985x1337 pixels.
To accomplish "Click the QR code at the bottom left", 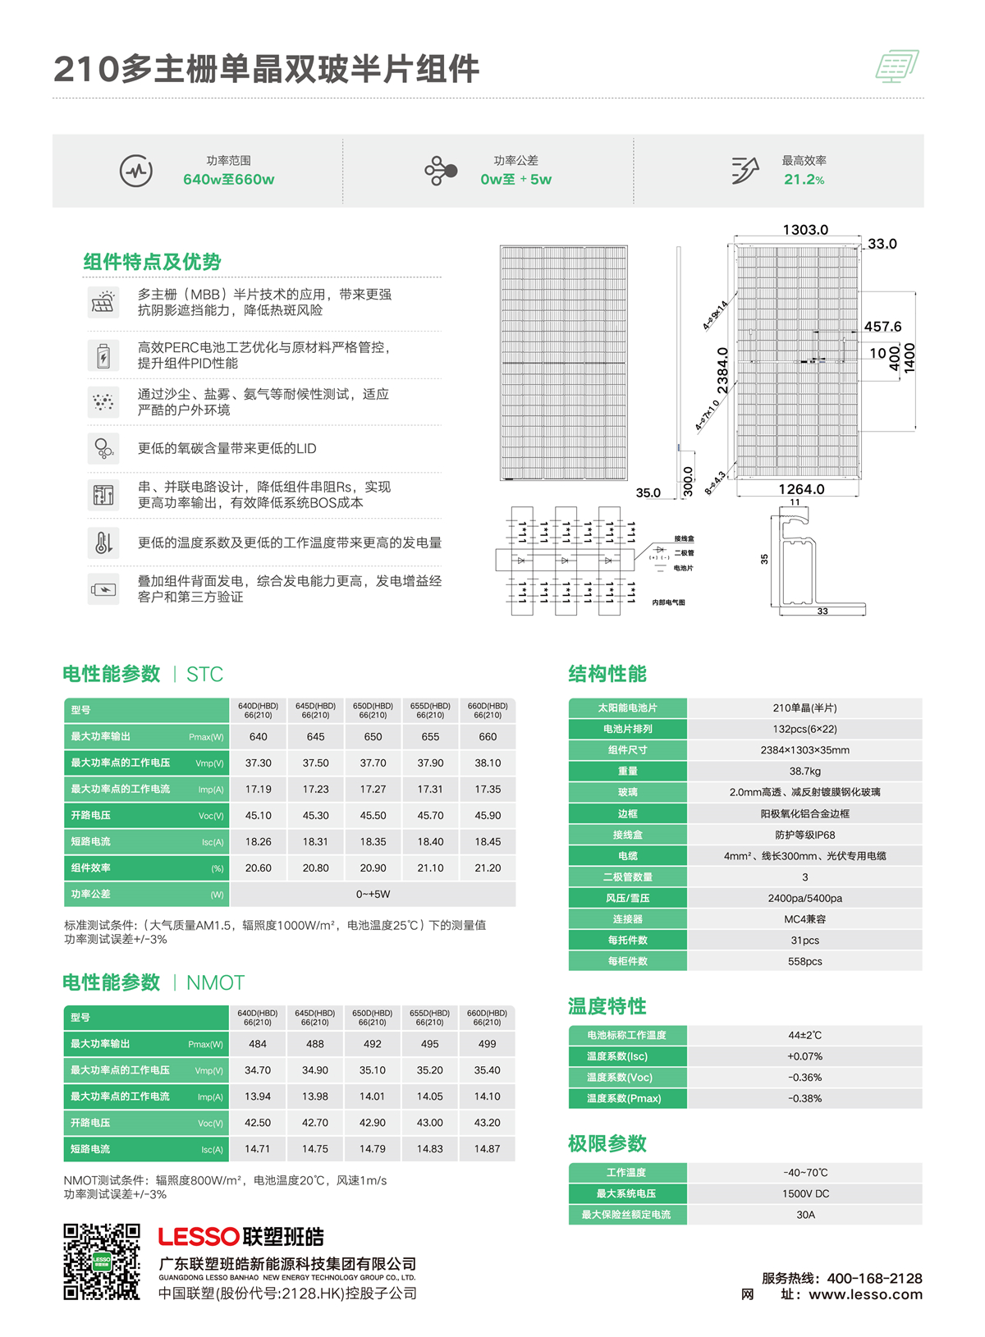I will [102, 1261].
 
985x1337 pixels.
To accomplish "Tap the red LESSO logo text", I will [199, 1237].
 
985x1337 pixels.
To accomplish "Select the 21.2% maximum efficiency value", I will [804, 180].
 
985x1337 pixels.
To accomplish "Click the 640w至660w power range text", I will [228, 180].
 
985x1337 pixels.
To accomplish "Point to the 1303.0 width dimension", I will [804, 230].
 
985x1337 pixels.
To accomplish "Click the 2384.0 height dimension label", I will [722, 371].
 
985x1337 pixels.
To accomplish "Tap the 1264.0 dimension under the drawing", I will [801, 489].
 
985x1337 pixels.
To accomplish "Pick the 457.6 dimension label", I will [882, 327].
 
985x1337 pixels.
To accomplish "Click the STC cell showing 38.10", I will [488, 763].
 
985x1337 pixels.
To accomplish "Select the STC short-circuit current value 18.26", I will [258, 842].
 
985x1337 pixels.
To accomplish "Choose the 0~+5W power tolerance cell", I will [373, 895].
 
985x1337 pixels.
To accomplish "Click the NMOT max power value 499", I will [487, 1044].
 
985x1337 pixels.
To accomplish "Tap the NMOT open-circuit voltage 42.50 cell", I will [258, 1123].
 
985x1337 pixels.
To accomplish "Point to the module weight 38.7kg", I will [804, 772].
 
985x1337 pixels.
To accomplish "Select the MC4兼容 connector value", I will [804, 919].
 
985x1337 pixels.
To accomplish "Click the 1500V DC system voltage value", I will [805, 1194].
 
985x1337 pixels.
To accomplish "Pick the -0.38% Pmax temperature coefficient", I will [804, 1098].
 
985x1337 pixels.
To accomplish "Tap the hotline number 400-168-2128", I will [874, 1279].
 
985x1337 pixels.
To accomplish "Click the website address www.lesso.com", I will [865, 1295].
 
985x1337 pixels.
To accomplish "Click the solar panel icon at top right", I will [896, 66].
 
